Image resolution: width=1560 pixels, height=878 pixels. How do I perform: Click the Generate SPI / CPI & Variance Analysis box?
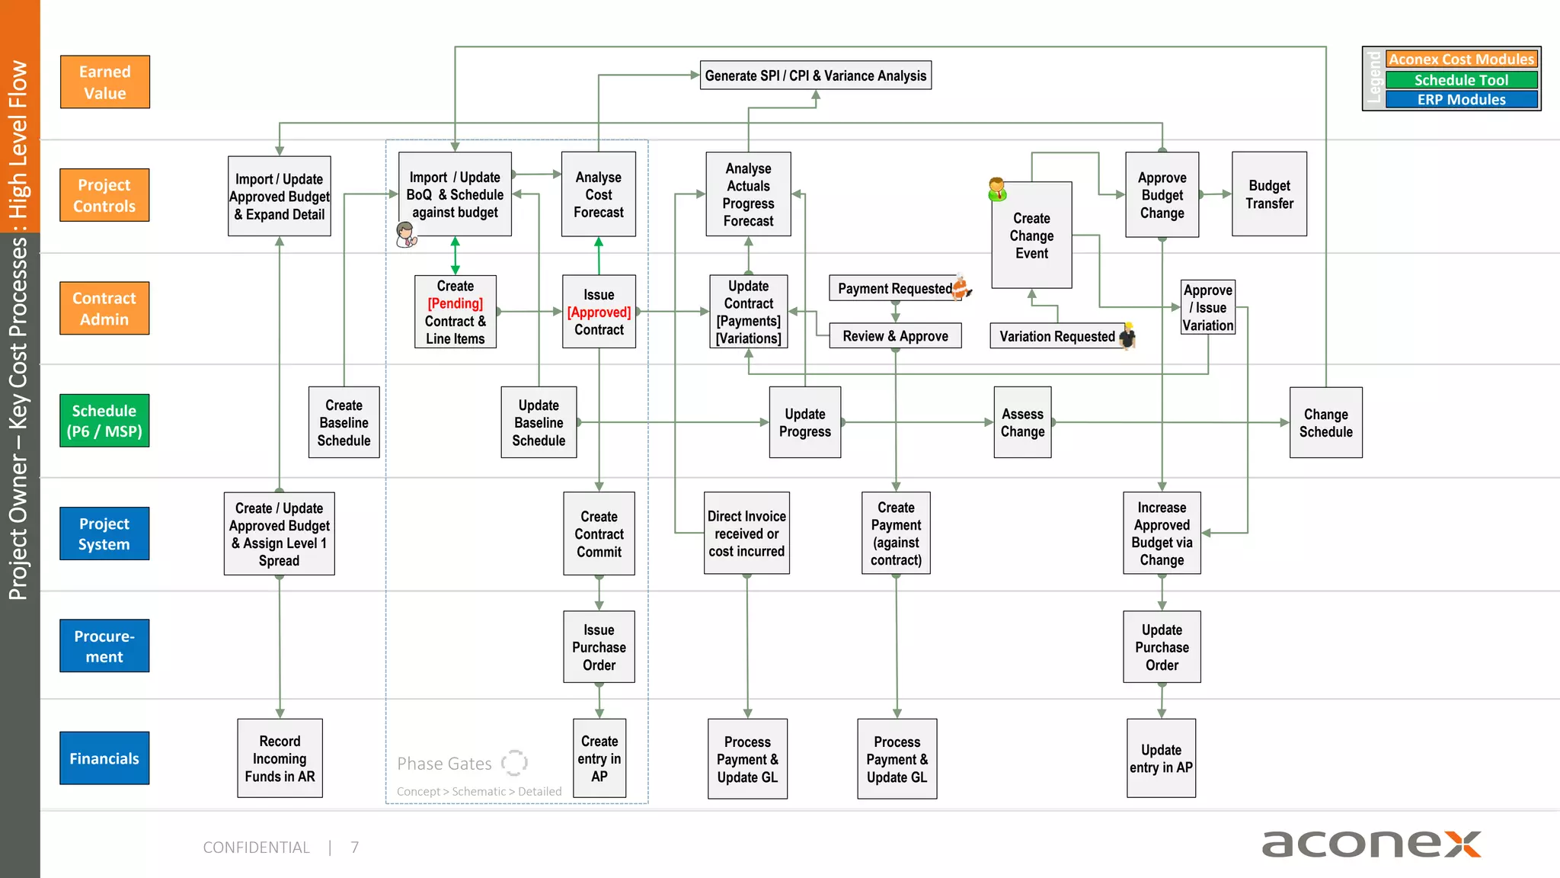click(x=815, y=75)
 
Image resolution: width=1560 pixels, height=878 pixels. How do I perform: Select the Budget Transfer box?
click(x=1269, y=194)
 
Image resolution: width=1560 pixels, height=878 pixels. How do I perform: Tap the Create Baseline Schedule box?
click(x=344, y=422)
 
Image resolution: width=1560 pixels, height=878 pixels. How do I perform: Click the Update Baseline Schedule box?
click(x=539, y=422)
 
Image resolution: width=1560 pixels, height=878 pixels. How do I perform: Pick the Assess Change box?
click(x=1022, y=422)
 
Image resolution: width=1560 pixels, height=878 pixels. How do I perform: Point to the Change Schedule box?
click(x=1325, y=422)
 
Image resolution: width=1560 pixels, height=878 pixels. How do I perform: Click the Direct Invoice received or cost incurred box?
click(x=746, y=534)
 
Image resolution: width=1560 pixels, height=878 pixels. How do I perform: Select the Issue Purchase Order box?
click(x=599, y=647)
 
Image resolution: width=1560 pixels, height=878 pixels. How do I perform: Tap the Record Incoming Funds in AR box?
click(x=280, y=758)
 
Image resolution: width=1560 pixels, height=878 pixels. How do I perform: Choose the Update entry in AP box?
click(x=1161, y=758)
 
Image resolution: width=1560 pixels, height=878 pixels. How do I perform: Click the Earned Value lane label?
click(x=105, y=82)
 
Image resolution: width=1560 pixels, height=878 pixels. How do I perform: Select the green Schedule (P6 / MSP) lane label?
click(x=104, y=421)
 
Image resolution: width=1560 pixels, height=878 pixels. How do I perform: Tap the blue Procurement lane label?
click(x=104, y=646)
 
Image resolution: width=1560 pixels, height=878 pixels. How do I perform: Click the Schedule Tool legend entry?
click(x=1461, y=80)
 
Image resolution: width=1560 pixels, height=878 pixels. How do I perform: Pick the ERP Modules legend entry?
click(x=1461, y=100)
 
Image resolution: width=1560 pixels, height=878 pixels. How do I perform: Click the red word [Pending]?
click(x=455, y=303)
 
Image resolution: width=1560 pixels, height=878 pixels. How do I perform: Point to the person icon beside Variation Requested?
click(x=1128, y=335)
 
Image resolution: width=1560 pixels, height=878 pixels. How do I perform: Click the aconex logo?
click(x=1371, y=844)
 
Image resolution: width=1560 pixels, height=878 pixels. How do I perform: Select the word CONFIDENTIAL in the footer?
click(x=256, y=848)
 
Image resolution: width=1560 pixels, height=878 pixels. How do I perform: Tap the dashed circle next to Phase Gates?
click(x=514, y=762)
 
